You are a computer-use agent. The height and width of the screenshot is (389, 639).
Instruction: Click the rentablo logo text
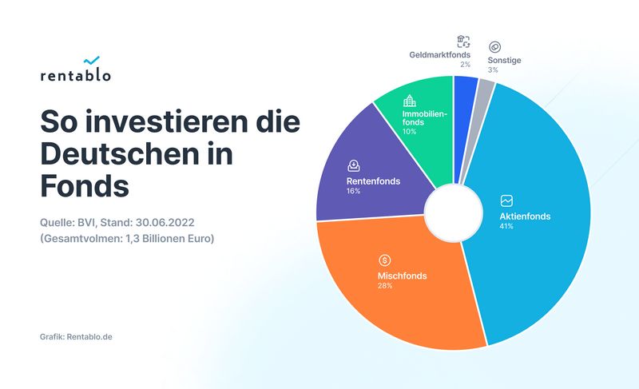click(x=75, y=76)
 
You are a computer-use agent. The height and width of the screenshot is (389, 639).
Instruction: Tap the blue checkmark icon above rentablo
click(x=91, y=60)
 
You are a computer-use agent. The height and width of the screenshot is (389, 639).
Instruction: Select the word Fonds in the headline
click(x=84, y=185)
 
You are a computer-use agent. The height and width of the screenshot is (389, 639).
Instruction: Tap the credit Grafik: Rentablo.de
click(x=76, y=336)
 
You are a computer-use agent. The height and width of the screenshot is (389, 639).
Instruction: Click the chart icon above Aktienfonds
click(x=506, y=200)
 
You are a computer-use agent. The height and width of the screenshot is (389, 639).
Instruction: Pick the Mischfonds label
click(x=402, y=276)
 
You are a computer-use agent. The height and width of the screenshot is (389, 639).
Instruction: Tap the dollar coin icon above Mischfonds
click(x=385, y=260)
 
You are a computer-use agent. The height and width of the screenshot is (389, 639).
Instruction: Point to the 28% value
click(x=385, y=286)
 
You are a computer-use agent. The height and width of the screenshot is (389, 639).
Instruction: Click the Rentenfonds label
click(x=373, y=181)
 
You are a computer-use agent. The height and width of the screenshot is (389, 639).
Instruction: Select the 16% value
click(x=354, y=193)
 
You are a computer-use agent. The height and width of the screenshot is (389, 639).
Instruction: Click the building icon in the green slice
click(x=410, y=101)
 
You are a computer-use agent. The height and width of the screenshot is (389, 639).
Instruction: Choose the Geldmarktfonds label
click(x=439, y=56)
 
